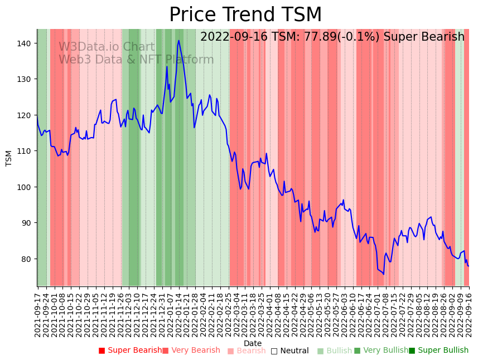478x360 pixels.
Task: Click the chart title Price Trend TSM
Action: click(245, 15)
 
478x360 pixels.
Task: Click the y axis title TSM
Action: click(9, 158)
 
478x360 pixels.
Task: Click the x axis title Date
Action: click(253, 343)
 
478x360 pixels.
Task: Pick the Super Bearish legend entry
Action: click(129, 351)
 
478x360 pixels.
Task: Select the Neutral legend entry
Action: click(289, 351)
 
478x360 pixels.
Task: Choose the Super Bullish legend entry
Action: click(438, 351)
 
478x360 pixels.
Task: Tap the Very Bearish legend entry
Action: click(191, 351)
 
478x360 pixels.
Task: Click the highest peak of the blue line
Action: click(179, 40)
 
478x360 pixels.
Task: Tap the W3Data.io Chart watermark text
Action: click(107, 47)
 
